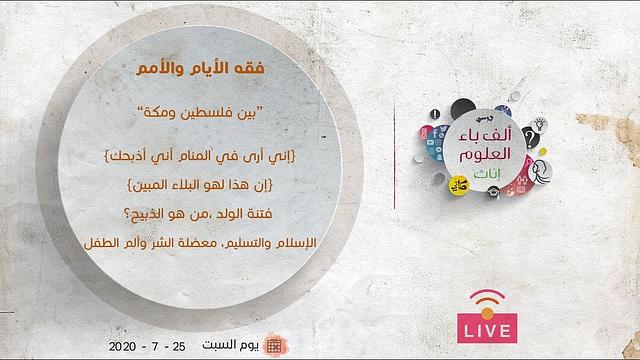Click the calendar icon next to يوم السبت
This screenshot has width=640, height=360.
pyautogui.click(x=274, y=345)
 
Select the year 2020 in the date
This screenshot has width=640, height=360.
pyautogui.click(x=126, y=345)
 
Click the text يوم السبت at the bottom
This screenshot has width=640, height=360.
pyautogui.click(x=236, y=345)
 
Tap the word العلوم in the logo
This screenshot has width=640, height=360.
pyautogui.click(x=487, y=158)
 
